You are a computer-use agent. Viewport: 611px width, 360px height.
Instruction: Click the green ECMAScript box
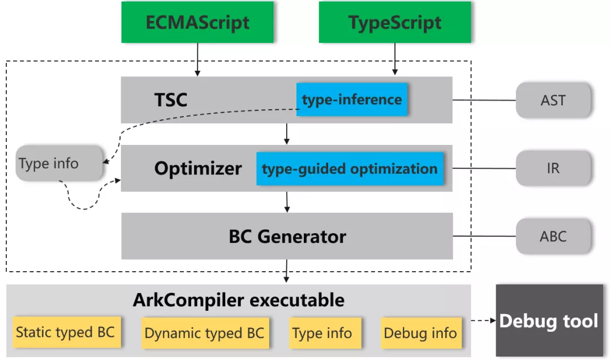pos(197,22)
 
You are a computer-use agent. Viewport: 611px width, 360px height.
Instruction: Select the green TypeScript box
pos(395,22)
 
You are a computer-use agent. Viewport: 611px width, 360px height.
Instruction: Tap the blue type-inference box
pos(352,100)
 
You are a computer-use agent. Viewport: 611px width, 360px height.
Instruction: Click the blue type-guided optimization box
pos(350,169)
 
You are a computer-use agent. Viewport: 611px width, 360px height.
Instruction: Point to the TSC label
pos(171,100)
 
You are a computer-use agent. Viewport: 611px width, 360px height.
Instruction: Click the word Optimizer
pos(198,169)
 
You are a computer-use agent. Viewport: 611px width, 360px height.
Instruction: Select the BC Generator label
pos(287,237)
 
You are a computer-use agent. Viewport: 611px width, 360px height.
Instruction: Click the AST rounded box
pos(553,100)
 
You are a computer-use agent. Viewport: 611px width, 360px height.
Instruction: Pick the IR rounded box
pos(553,168)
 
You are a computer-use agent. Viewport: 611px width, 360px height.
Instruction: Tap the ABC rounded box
pos(553,237)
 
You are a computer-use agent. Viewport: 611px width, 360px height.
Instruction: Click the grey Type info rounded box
pos(59,163)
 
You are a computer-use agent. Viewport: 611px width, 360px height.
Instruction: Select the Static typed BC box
pos(67,332)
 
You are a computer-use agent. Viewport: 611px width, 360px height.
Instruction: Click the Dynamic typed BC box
pos(205,333)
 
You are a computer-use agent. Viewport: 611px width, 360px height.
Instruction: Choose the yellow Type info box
pos(325,333)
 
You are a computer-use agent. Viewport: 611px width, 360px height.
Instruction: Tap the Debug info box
pos(421,333)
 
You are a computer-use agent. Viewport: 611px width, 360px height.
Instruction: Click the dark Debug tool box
pos(549,320)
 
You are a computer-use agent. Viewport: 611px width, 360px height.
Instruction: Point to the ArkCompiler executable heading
pos(239,300)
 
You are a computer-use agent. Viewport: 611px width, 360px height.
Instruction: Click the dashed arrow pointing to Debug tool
pos(483,320)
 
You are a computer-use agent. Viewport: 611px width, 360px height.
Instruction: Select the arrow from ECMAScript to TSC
pos(197,59)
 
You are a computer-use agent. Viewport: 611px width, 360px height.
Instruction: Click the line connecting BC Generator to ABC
pos(484,236)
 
